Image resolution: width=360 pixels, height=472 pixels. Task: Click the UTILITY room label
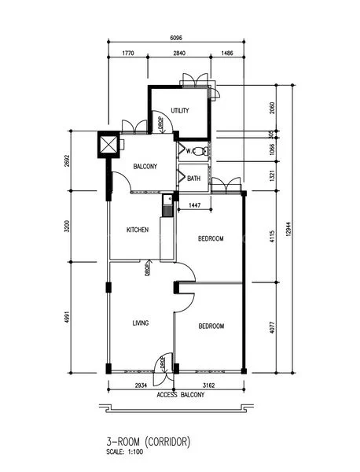point(179,111)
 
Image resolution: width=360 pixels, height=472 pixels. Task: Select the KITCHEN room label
point(138,230)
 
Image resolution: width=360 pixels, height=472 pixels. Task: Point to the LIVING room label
point(141,323)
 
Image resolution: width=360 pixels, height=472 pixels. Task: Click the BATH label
point(194,179)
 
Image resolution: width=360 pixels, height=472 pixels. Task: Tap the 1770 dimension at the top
point(129,55)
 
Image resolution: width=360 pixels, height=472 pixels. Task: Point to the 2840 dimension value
point(179,55)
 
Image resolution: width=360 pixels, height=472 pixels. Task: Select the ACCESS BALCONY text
point(180,395)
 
